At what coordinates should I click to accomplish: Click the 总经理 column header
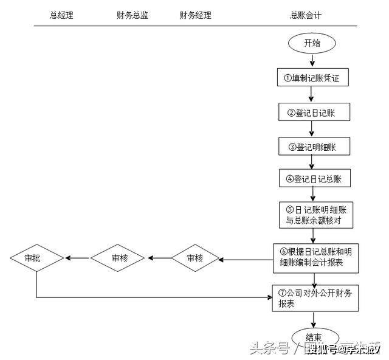click(61, 15)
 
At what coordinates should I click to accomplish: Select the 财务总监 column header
click(132, 15)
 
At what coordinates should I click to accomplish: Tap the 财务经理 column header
click(196, 15)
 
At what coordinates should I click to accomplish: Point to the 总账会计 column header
click(306, 15)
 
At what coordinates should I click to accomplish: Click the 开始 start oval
click(312, 43)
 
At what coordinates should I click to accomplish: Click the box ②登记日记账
click(312, 112)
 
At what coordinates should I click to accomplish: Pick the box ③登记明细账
click(312, 146)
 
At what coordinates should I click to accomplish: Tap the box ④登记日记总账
click(312, 179)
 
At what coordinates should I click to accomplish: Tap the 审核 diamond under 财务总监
click(120, 258)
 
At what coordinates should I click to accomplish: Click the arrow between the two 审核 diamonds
click(159, 258)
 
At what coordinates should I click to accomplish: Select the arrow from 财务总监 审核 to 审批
click(78, 258)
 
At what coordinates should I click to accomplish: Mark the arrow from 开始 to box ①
click(312, 60)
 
